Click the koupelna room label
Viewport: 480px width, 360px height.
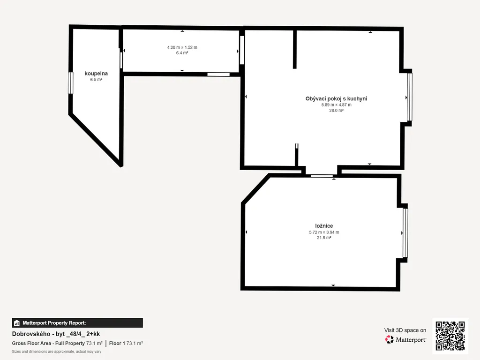(96, 74)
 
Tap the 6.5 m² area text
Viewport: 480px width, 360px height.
(96, 80)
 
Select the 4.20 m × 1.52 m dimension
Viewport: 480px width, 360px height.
(182, 47)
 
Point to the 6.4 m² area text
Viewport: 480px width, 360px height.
(182, 53)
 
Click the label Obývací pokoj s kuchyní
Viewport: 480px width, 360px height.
(336, 98)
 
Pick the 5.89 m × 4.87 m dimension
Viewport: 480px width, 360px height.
(336, 105)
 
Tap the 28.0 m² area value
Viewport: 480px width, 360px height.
(336, 111)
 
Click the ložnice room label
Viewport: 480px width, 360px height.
(324, 226)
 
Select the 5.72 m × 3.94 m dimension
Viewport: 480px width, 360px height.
(324, 232)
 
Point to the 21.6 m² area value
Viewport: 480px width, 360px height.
(324, 238)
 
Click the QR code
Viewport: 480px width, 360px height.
(450, 336)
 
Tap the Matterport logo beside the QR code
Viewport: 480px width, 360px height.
(405, 339)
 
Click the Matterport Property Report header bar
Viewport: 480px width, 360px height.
(77, 323)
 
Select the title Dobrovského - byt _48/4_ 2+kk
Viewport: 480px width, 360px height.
(56, 334)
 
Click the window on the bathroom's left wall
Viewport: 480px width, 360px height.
(70, 82)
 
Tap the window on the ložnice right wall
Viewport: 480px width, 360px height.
(405, 233)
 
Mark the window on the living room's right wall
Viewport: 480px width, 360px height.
(410, 97)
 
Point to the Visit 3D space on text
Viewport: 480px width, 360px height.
(405, 330)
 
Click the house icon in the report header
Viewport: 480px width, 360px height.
(17, 323)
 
